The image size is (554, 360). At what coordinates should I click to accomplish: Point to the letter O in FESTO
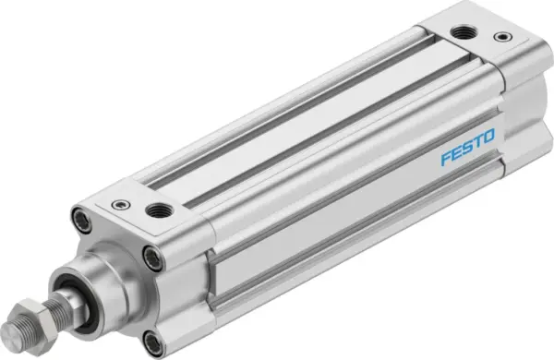coord(489,137)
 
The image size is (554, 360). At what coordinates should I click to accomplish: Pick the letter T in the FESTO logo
coord(478,142)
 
